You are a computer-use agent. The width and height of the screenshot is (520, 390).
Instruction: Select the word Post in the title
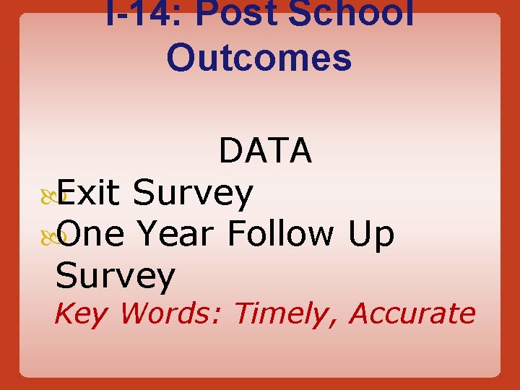(x=238, y=12)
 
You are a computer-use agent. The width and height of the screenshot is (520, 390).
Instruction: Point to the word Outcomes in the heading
(x=259, y=58)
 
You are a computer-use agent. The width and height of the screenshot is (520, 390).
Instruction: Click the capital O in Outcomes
(x=181, y=58)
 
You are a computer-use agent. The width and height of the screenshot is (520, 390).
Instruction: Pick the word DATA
(x=265, y=151)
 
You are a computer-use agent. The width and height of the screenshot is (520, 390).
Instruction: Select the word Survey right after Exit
(x=193, y=193)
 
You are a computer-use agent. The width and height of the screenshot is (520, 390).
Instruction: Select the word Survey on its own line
(x=116, y=277)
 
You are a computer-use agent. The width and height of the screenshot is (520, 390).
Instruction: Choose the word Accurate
(x=412, y=313)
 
